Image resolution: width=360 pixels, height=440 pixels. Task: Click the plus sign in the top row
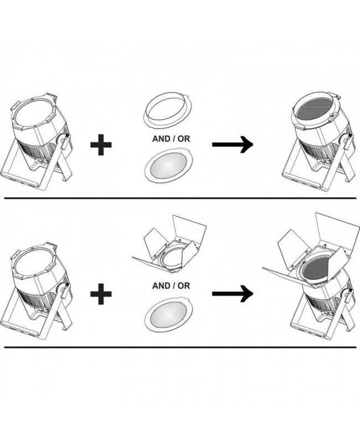(x=101, y=145)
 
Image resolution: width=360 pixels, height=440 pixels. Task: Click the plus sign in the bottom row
(x=101, y=294)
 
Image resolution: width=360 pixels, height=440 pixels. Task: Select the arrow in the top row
(x=233, y=145)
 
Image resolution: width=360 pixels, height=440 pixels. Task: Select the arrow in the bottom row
(x=233, y=294)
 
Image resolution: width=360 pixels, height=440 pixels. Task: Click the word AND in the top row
(x=161, y=139)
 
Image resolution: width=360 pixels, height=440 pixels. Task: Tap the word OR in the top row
(x=184, y=139)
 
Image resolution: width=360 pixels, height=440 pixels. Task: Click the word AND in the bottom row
(x=161, y=285)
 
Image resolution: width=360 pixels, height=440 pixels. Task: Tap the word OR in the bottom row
(x=184, y=285)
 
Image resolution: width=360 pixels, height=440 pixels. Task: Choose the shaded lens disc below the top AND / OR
(x=169, y=166)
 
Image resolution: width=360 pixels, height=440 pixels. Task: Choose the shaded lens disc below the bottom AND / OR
(x=169, y=313)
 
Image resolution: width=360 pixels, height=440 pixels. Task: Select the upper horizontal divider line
(x=180, y=198)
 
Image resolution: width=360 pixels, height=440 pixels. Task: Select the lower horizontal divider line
(x=180, y=347)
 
